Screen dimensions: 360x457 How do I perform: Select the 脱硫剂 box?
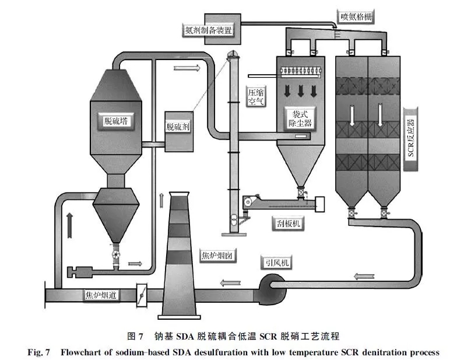coord(178,127)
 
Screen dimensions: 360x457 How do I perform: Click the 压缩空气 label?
coord(256,96)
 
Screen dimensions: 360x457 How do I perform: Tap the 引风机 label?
coord(276,264)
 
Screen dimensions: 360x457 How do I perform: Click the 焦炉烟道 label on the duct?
coord(102,295)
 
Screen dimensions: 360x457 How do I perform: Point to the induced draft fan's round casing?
coord(269,288)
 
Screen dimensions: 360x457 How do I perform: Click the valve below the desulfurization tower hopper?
coord(116,255)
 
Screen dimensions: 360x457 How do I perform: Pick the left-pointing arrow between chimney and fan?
coord(230,283)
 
